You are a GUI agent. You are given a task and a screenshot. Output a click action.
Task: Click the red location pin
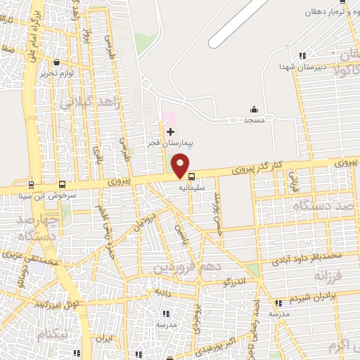[x=181, y=166]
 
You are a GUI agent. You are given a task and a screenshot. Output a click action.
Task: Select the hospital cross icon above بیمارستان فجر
[x=170, y=131]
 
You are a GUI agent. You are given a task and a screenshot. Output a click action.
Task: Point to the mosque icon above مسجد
[x=254, y=109]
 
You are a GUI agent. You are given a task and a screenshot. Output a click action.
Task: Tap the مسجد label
[x=254, y=120]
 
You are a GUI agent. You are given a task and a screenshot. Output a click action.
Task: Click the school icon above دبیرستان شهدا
[x=302, y=56]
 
